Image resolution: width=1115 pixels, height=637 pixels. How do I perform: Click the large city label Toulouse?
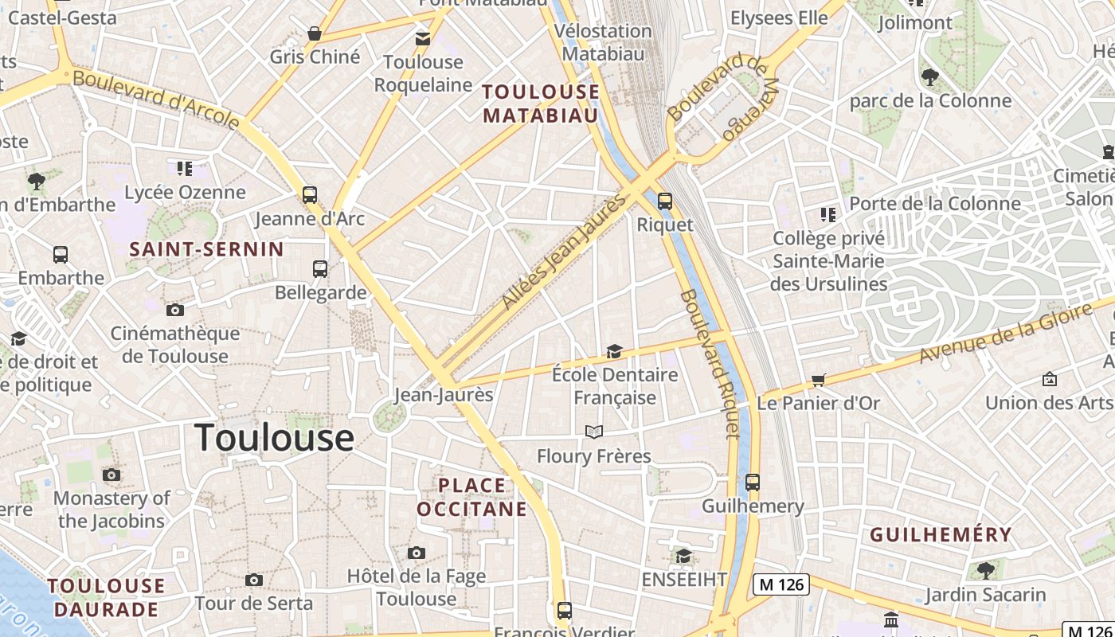click(x=274, y=437)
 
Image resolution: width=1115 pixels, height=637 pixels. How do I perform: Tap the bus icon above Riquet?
click(x=665, y=201)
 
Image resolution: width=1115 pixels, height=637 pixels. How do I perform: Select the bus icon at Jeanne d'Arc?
click(x=310, y=194)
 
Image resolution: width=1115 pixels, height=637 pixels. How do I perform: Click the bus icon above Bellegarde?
click(x=320, y=268)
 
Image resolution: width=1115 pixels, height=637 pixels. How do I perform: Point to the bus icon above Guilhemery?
click(x=753, y=482)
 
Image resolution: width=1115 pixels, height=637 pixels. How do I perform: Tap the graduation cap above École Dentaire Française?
click(x=614, y=351)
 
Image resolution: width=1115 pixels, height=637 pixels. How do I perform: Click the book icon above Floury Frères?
click(x=594, y=432)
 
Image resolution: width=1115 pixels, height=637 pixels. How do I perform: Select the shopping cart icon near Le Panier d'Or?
click(x=818, y=380)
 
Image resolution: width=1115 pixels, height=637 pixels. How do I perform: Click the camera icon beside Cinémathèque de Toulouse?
click(x=175, y=310)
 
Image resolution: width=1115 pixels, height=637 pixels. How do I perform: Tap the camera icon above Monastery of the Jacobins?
click(x=111, y=475)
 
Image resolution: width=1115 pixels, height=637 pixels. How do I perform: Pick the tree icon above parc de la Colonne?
click(x=929, y=77)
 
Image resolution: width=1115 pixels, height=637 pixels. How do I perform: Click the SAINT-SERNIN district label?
click(x=207, y=249)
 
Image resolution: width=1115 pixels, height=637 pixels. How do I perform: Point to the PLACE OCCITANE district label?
click(x=471, y=497)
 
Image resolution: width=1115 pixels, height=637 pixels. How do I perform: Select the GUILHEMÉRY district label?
click(x=941, y=534)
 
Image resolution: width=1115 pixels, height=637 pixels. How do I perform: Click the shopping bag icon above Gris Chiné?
click(x=315, y=33)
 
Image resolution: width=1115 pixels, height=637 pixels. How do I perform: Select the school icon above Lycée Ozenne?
click(x=185, y=168)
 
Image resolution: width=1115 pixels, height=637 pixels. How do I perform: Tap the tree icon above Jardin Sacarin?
click(x=986, y=570)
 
